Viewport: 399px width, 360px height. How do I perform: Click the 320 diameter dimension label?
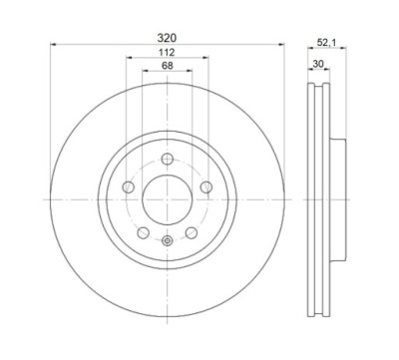(x=167, y=38)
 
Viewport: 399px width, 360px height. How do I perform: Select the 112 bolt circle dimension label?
(x=167, y=52)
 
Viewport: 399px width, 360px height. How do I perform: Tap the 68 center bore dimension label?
(x=168, y=66)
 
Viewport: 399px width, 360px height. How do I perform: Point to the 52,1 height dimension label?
(x=327, y=43)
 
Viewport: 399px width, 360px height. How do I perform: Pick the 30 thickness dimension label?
(x=318, y=64)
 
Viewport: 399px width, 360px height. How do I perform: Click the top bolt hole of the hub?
(x=168, y=159)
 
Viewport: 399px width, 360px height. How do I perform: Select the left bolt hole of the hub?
(x=128, y=187)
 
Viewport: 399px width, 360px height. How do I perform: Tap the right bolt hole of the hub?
(x=206, y=187)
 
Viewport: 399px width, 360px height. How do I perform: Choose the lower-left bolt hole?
(x=144, y=232)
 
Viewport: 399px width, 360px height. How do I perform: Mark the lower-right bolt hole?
(x=192, y=232)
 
